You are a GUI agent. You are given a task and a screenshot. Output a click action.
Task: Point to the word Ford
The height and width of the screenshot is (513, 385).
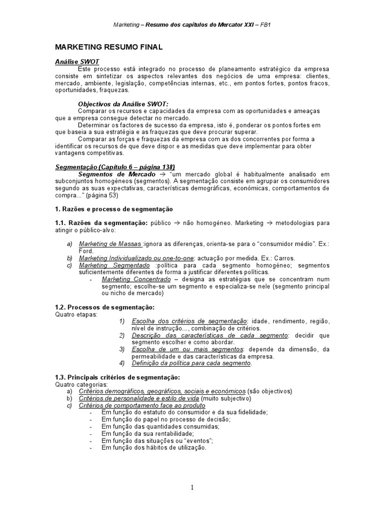click(x=86, y=250)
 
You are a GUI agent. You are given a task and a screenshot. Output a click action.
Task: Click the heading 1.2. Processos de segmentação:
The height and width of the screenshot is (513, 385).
click(x=104, y=307)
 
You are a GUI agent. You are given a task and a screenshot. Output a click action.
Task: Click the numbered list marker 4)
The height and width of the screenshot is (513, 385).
click(x=122, y=363)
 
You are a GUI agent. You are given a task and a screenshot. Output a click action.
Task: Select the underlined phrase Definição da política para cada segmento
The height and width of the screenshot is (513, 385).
click(x=191, y=363)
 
